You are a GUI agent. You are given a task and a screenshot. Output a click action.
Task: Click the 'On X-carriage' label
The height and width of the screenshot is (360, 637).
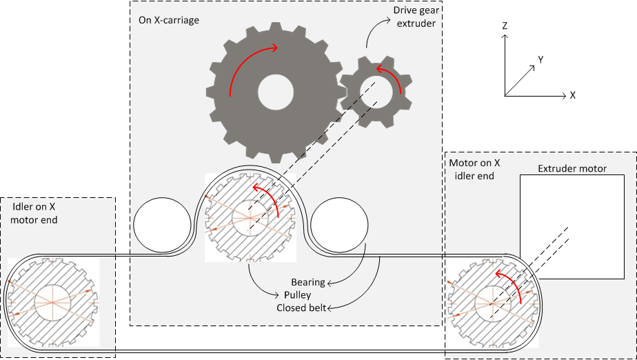[x=169, y=20]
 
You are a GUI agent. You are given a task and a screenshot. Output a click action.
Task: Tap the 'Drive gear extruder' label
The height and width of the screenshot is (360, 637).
[x=414, y=17]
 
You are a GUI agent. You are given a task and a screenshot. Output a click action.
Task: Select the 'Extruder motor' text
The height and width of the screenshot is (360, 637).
[x=572, y=168]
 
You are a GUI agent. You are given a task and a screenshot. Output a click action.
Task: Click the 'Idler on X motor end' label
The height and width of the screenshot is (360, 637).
[x=35, y=213]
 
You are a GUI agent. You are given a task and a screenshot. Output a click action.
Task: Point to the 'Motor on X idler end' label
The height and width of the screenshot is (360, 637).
[x=475, y=170]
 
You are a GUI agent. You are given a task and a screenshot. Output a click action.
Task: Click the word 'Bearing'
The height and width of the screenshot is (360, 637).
[x=307, y=283]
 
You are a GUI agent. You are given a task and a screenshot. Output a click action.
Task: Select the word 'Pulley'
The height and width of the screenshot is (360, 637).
[x=298, y=295]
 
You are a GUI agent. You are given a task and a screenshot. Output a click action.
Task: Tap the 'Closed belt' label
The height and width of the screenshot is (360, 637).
[x=301, y=308]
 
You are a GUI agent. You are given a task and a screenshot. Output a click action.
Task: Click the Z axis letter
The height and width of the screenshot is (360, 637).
[x=505, y=26]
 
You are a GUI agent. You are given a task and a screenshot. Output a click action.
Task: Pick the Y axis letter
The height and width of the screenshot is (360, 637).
[x=541, y=60]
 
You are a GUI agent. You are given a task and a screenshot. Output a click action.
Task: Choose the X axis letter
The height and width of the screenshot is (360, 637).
[x=572, y=95]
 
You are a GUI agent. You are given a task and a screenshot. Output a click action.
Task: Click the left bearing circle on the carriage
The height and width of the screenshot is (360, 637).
[x=163, y=227]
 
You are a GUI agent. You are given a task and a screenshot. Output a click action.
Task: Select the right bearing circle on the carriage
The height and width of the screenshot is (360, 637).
[x=339, y=227]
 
